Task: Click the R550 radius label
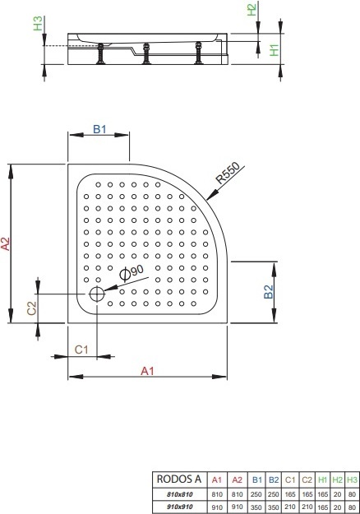[228, 173]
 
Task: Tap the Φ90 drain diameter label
[132, 272]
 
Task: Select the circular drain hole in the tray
[97, 294]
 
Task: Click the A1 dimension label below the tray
[147, 371]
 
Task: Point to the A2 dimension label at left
[6, 243]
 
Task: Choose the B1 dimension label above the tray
[99, 129]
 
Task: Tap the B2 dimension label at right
[268, 292]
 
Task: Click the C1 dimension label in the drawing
[81, 350]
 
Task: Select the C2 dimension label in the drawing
[32, 308]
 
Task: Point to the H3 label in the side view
[38, 23]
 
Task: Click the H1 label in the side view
[274, 50]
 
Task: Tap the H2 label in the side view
[252, 9]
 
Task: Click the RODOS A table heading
[179, 479]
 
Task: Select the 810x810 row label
[179, 494]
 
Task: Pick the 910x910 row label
[179, 507]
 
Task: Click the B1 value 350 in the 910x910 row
[256, 507]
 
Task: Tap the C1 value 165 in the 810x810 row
[290, 494]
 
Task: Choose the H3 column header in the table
[352, 480]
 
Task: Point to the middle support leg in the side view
[146, 53]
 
